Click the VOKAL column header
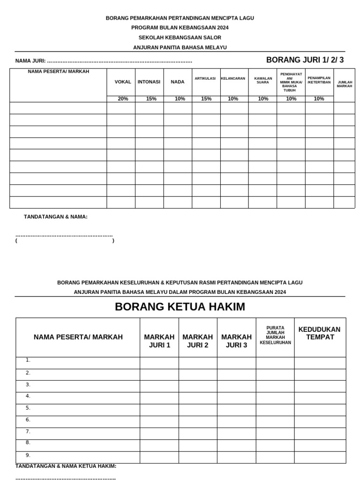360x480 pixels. [x=123, y=82]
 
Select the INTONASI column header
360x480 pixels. [x=149, y=82]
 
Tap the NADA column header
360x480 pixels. [x=178, y=82]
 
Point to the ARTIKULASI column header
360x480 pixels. [x=205, y=79]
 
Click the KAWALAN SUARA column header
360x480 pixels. [x=263, y=80]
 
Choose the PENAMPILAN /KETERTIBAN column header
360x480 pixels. [x=319, y=80]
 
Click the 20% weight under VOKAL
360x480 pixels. [x=123, y=99]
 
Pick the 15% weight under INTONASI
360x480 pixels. [x=151, y=99]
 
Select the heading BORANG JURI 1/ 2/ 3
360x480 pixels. [x=305, y=60]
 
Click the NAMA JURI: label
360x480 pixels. [x=30, y=61]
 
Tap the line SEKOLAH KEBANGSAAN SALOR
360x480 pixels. [x=180, y=37]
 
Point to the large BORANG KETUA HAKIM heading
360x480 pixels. [x=180, y=307]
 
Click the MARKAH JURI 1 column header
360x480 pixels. [x=159, y=341]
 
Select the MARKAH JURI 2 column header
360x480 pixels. [x=197, y=341]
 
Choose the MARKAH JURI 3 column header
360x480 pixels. [x=236, y=341]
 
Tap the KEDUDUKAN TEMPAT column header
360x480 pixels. [x=320, y=333]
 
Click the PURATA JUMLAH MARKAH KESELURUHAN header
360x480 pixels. [x=275, y=335]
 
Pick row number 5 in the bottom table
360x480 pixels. [x=28, y=408]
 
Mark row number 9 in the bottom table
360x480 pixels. [x=28, y=455]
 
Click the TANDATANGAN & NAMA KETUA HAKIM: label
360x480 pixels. [x=66, y=466]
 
